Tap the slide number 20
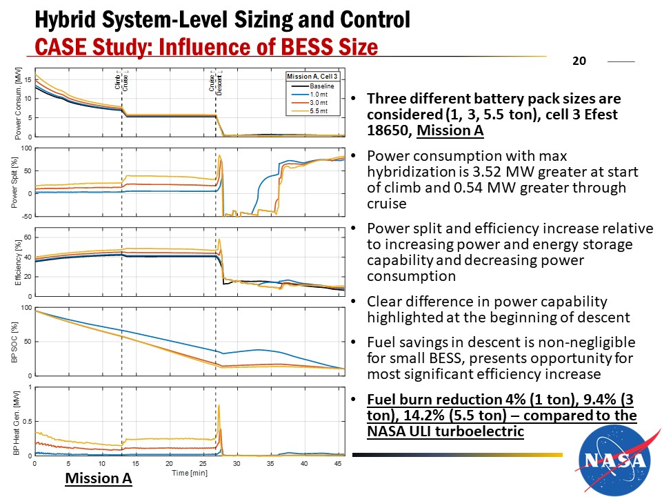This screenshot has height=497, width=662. (579, 61)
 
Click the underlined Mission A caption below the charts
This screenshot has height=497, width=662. (98, 478)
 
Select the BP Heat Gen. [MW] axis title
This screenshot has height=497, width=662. (17, 421)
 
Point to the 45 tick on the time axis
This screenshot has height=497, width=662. (337, 462)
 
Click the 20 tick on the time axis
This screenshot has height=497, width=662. (169, 462)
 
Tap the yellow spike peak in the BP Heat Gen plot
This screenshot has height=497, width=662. (219, 407)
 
